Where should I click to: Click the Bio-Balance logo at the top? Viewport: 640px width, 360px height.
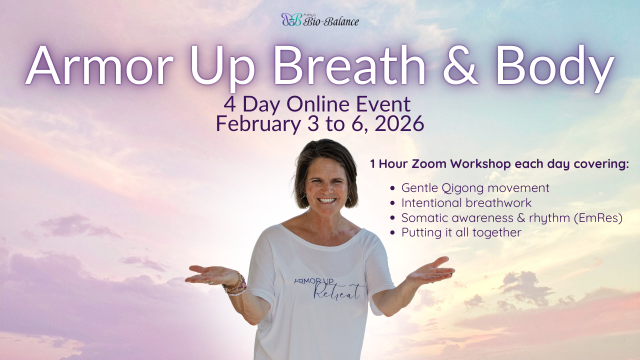point(320,19)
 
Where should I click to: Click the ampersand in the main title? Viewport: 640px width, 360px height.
point(460,64)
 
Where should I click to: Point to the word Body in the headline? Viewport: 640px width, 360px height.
point(555,68)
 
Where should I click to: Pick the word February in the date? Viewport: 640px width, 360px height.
point(258,124)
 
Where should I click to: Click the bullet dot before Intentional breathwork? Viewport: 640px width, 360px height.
point(392,203)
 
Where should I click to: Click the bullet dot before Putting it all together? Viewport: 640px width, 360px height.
point(392,233)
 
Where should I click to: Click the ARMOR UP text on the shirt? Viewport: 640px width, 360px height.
point(313,281)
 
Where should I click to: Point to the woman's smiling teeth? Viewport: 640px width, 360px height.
point(327,200)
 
